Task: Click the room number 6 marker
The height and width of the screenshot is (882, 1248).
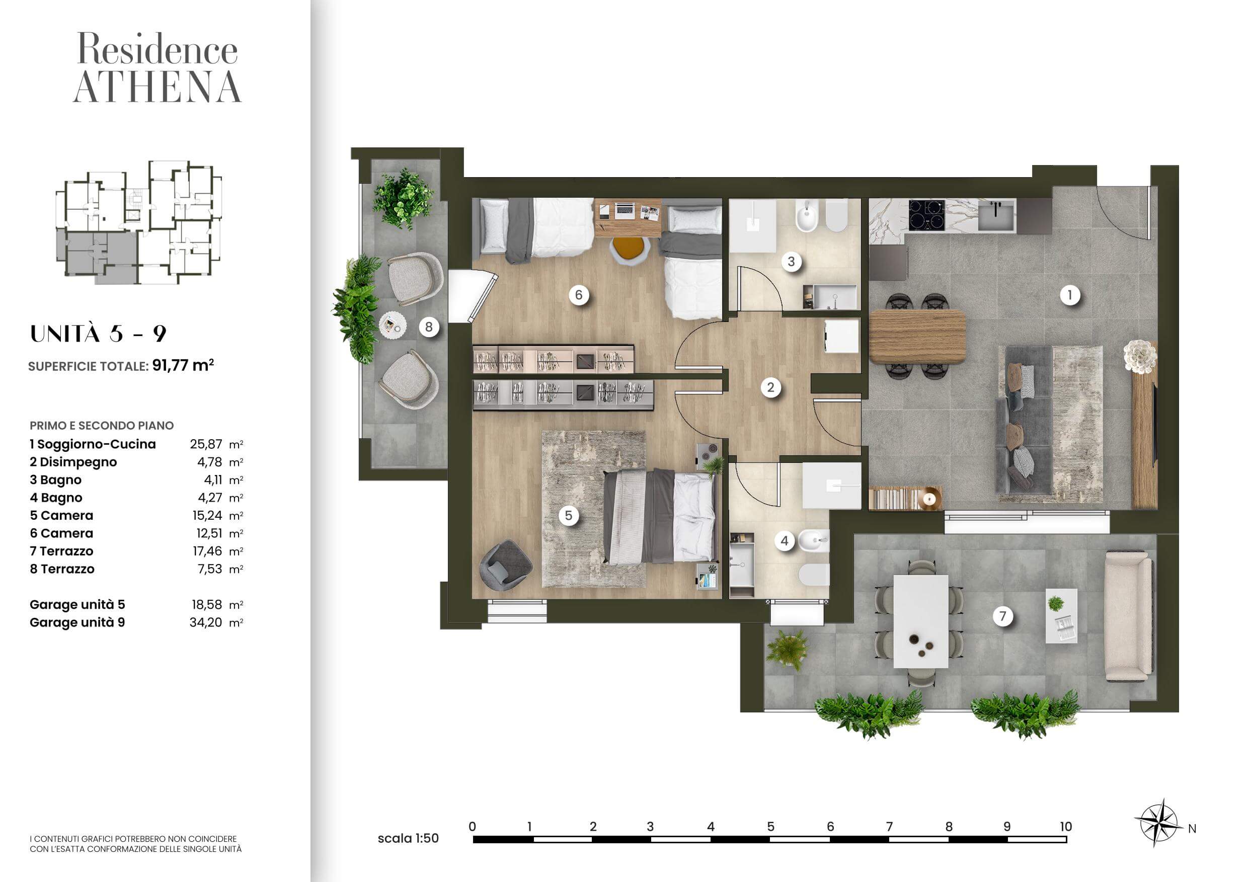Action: coord(578,295)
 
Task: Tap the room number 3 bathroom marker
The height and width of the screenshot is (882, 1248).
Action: coord(791,262)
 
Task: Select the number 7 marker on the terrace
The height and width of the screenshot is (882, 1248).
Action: coord(1003,616)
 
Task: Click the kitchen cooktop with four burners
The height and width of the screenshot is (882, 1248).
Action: coord(927,215)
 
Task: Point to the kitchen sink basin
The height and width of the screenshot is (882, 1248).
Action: coord(997,215)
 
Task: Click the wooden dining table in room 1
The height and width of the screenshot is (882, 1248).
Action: coord(917,337)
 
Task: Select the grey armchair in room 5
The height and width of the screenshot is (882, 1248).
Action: coord(506,565)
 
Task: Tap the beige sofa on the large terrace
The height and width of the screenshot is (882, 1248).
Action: coord(1128,616)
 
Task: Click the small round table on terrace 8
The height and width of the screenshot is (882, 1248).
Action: coord(393,326)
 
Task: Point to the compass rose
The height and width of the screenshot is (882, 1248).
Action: coord(1158,823)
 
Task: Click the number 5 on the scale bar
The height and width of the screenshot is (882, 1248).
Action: coord(770,827)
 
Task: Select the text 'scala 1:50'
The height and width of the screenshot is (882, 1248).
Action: coord(408,839)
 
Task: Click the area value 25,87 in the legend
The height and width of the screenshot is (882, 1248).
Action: coord(206,444)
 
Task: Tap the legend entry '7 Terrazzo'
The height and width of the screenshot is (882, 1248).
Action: coord(61,551)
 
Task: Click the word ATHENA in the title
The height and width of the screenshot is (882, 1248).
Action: coord(158,87)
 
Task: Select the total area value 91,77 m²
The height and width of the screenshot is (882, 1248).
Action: coord(183,365)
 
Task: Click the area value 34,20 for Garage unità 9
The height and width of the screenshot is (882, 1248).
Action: coord(206,622)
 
